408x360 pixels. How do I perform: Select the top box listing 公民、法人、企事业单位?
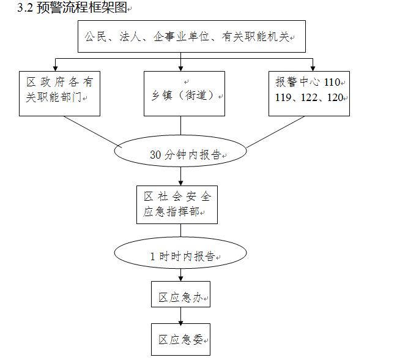pyautogui.click(x=191, y=37)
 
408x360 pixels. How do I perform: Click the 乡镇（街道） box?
pyautogui.click(x=184, y=94)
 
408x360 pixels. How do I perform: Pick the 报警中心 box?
pyautogui.click(x=309, y=94)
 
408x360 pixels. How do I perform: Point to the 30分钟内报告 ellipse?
pyautogui.click(x=180, y=154)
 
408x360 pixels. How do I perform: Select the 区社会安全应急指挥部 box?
pyautogui.click(x=177, y=204)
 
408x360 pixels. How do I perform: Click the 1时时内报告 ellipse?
pyautogui.click(x=181, y=256)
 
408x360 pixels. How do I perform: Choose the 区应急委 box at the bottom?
pyautogui.click(x=180, y=339)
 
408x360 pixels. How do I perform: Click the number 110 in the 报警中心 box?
pyautogui.click(x=336, y=82)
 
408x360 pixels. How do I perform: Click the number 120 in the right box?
pyautogui.click(x=336, y=97)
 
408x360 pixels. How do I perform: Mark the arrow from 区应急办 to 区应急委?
pyautogui.click(x=180, y=315)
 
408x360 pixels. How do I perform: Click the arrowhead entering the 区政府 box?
pyautogui.click(x=56, y=67)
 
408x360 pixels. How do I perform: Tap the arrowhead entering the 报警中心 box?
pyautogui.click(x=313, y=67)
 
